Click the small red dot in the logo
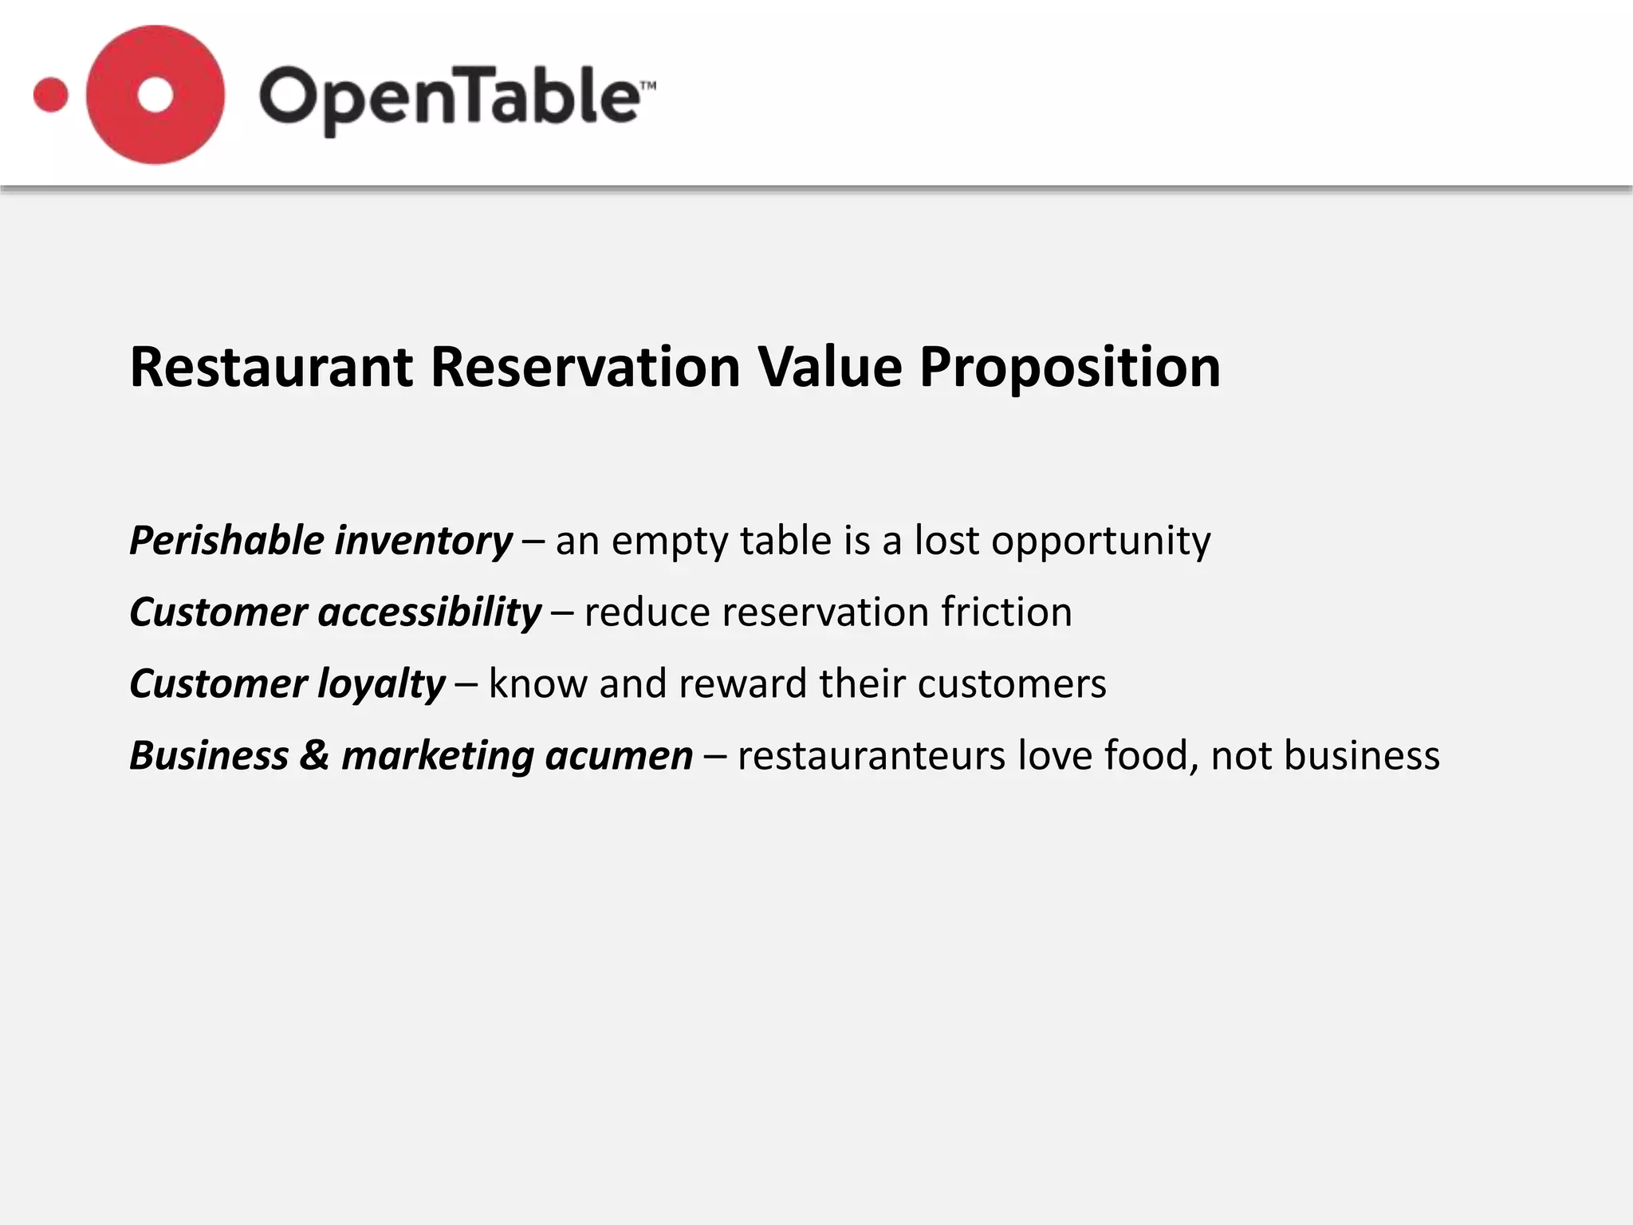[x=51, y=95]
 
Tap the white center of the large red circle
[x=155, y=95]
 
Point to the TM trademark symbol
[x=648, y=85]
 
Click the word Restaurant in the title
[x=271, y=368]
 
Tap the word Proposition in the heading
[x=1069, y=368]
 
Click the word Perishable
[x=226, y=541]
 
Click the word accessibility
[x=430, y=613]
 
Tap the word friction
[x=1006, y=612]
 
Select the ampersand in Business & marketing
[x=314, y=755]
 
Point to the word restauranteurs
[x=871, y=756]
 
